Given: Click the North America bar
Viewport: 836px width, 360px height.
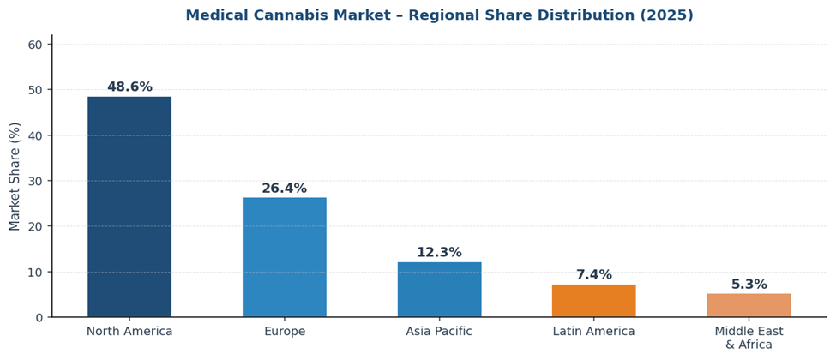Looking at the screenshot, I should click(x=129, y=207).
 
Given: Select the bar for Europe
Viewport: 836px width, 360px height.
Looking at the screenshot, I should click(x=284, y=257).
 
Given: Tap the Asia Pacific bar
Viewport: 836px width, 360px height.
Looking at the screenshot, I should click(x=439, y=290).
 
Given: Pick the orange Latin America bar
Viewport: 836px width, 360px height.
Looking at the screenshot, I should click(x=593, y=301).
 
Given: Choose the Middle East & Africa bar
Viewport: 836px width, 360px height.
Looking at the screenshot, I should click(x=749, y=305).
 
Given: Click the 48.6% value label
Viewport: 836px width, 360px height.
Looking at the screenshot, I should click(x=129, y=87).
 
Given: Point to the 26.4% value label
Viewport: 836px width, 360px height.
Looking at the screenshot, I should click(x=284, y=189).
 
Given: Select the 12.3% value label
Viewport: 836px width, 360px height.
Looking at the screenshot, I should click(x=439, y=253).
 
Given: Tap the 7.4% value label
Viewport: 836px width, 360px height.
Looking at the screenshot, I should click(x=593, y=275).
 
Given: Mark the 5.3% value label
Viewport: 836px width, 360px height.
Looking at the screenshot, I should click(x=749, y=285).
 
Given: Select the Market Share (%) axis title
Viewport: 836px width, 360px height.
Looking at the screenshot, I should click(x=15, y=177).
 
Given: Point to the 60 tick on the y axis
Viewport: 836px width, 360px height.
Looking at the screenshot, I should click(x=35, y=45).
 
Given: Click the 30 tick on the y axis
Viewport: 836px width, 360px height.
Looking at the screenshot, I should click(x=35, y=181).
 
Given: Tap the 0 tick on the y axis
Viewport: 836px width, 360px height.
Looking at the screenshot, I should click(x=39, y=318).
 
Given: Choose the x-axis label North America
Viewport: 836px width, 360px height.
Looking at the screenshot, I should click(x=129, y=332).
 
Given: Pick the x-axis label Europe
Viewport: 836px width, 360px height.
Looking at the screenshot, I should click(x=284, y=332).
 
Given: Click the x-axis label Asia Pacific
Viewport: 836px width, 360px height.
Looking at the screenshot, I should click(x=439, y=332).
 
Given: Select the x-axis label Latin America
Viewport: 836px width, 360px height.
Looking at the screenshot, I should click(x=593, y=332).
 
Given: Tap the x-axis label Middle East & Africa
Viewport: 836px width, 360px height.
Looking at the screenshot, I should click(x=749, y=338).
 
